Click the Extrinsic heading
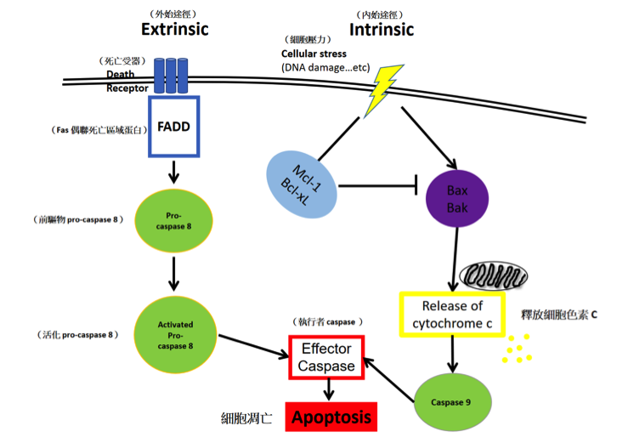click(174, 30)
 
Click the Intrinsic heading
click(382, 30)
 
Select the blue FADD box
click(173, 127)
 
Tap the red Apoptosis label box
click(332, 417)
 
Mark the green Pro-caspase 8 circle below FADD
click(173, 223)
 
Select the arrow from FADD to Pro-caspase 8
click(173, 173)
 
